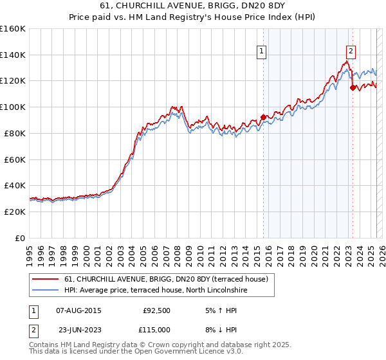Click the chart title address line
tap(192, 5)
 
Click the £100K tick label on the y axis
tap(13, 107)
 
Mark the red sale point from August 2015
tap(263, 117)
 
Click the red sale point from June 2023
tap(353, 87)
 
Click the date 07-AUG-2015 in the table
tap(78, 310)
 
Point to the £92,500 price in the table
tap(156, 310)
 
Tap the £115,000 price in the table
tap(156, 329)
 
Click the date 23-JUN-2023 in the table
tap(78, 329)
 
